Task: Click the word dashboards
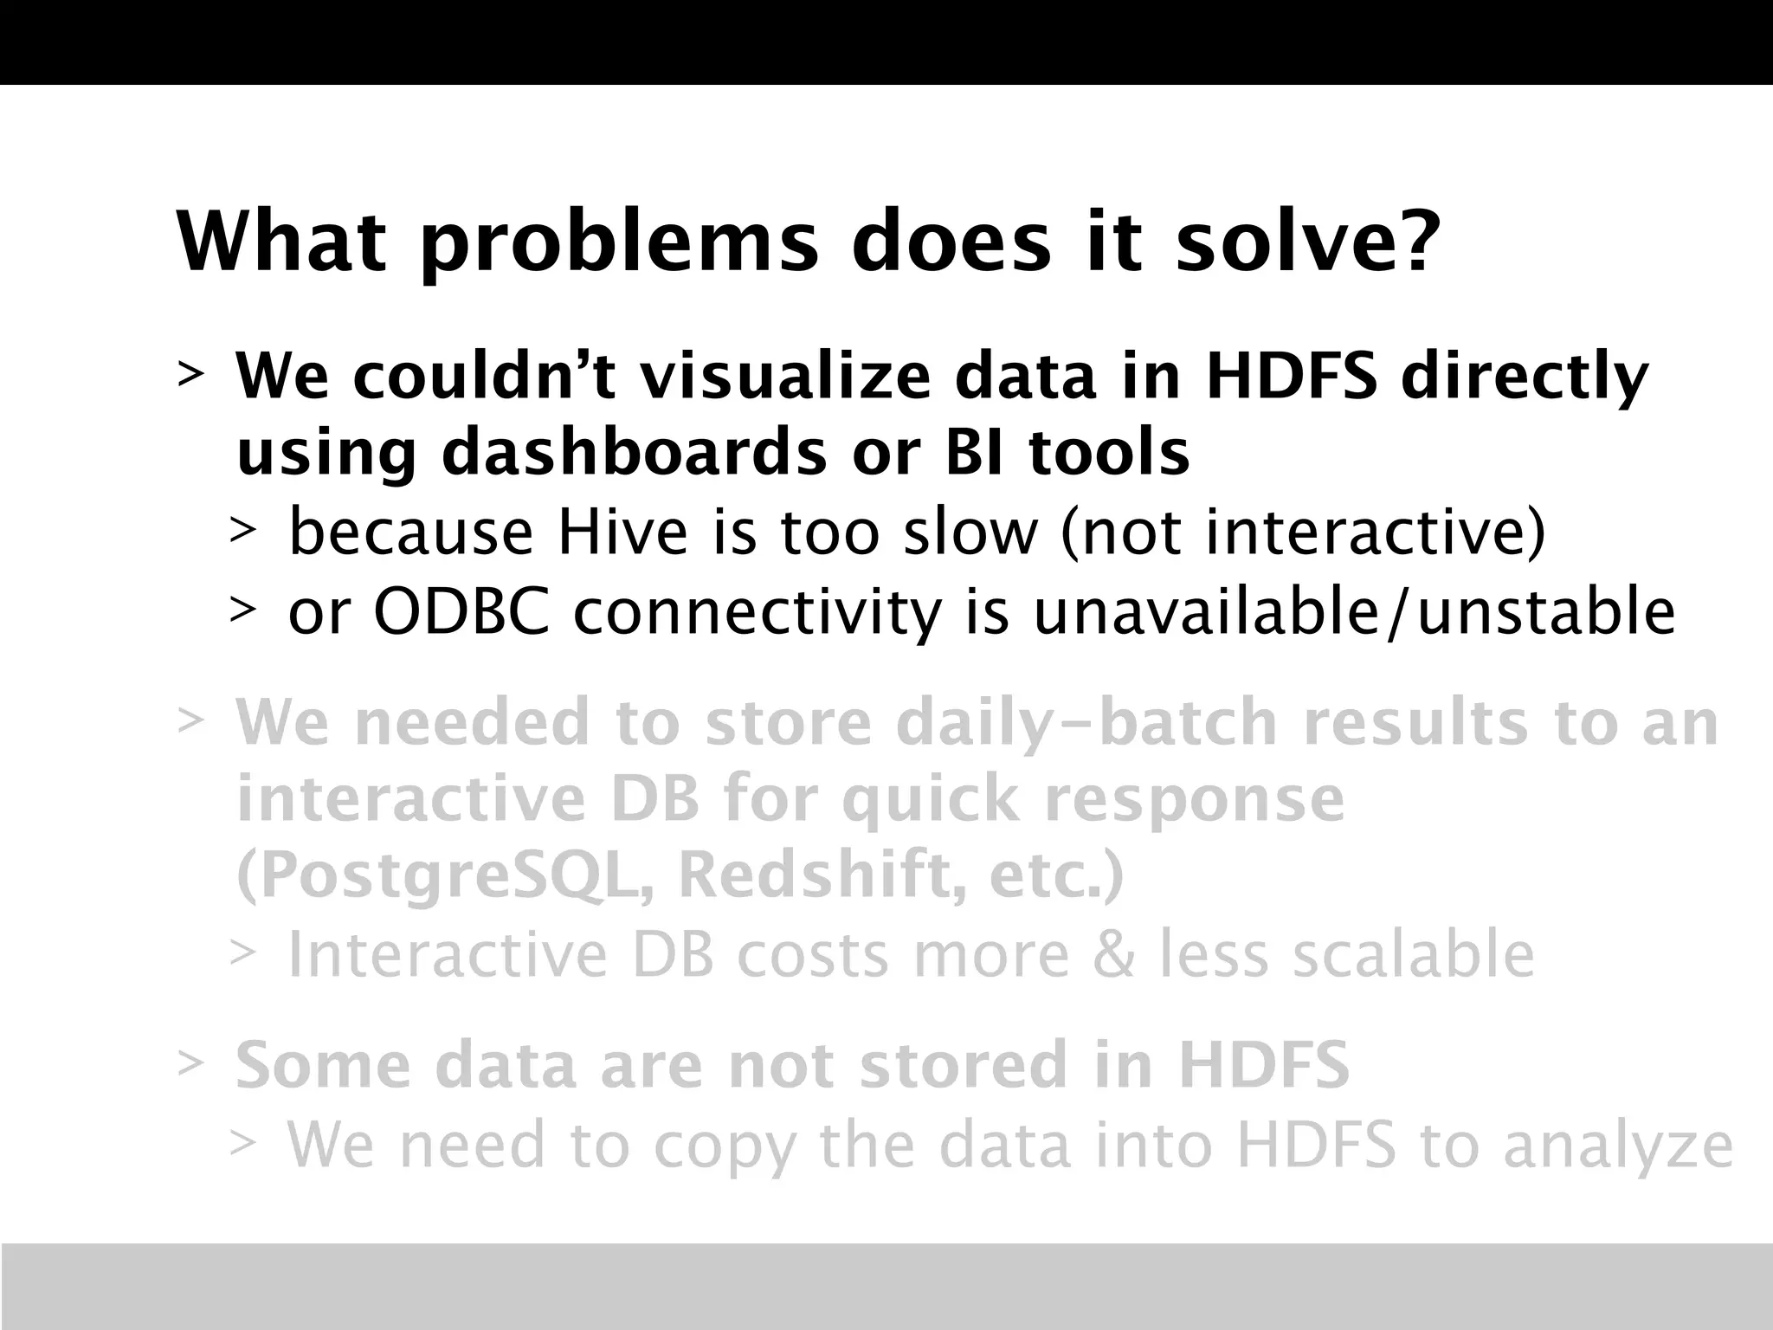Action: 634,454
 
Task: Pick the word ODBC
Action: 461,611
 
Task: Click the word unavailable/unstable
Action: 1354,611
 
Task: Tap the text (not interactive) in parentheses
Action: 1303,533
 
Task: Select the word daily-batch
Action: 1086,722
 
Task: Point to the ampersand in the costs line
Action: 1112,954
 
